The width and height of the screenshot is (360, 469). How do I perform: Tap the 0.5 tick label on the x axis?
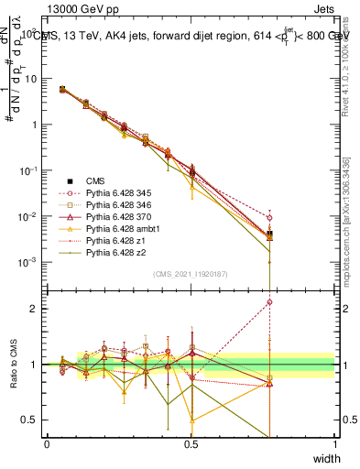(x=191, y=444)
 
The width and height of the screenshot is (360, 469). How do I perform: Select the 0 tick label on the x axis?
(x=47, y=444)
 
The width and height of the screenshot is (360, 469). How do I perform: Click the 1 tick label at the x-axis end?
(x=334, y=444)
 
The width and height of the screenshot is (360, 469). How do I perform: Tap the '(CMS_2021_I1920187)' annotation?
(x=191, y=274)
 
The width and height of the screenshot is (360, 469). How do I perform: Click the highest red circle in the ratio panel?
(x=269, y=301)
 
